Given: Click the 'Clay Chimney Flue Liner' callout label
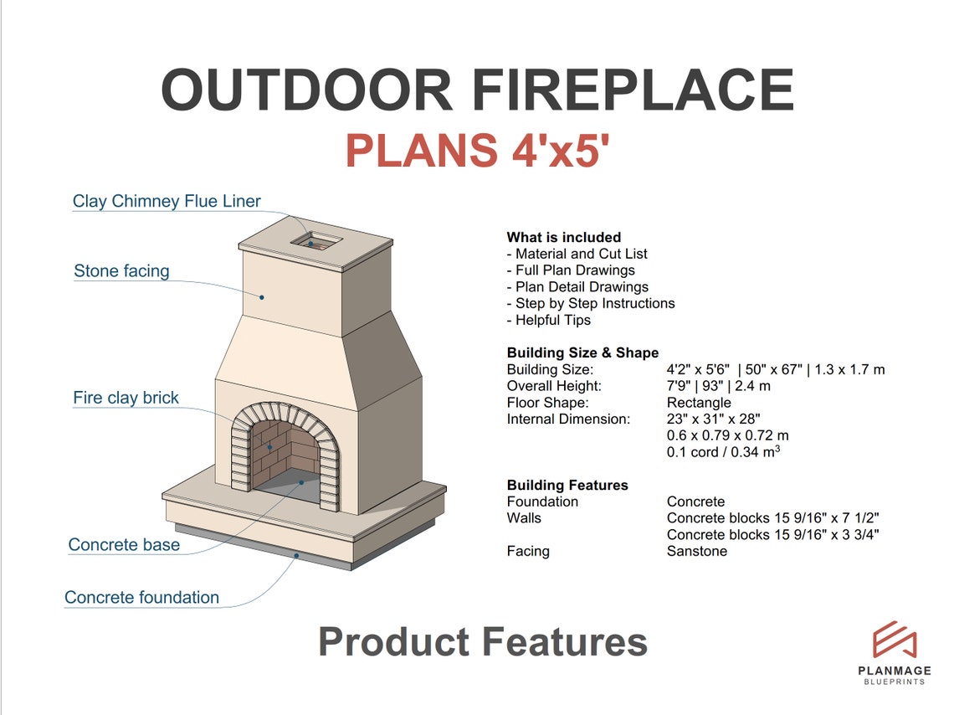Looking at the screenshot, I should pos(167,201).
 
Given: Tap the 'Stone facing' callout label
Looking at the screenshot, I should pos(121,270).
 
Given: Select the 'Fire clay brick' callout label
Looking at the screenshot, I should pos(126,398).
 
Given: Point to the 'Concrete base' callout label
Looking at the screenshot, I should pos(124,545).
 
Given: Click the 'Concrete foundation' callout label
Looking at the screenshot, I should pos(141,598).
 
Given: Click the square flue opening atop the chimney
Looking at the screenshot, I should pos(315,241).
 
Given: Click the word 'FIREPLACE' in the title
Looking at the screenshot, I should pos(633,90).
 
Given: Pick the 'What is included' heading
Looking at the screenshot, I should pos(563,237).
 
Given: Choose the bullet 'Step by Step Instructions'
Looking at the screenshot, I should pos(591,303).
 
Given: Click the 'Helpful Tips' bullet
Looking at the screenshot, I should pos(549,320).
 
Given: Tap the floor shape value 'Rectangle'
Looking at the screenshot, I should pos(699,403).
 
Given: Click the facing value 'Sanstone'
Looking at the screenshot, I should pos(696,551).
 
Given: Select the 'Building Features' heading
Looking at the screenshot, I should pos(567,485).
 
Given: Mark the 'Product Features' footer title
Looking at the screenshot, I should pos(483,642).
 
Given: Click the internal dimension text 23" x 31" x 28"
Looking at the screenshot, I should pos(713,419).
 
